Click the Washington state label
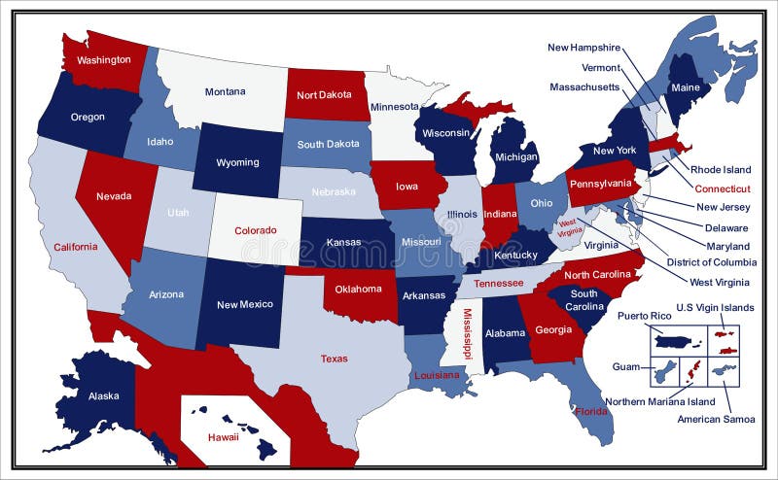pyautogui.click(x=104, y=60)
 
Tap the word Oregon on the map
pyautogui.click(x=88, y=118)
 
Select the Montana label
pyautogui.click(x=225, y=92)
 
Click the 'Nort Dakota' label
pyautogui.click(x=325, y=95)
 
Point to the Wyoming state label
pyautogui.click(x=237, y=162)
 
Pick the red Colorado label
pyautogui.click(x=256, y=231)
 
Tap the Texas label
pyautogui.click(x=334, y=359)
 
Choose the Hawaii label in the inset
pyautogui.click(x=224, y=437)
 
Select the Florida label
pyautogui.click(x=591, y=411)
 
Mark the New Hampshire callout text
pyautogui.click(x=583, y=47)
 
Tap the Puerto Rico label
pyautogui.click(x=644, y=316)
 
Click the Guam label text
pyautogui.click(x=625, y=367)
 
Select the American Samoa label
pyautogui.click(x=716, y=420)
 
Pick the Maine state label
pyautogui.click(x=685, y=88)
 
